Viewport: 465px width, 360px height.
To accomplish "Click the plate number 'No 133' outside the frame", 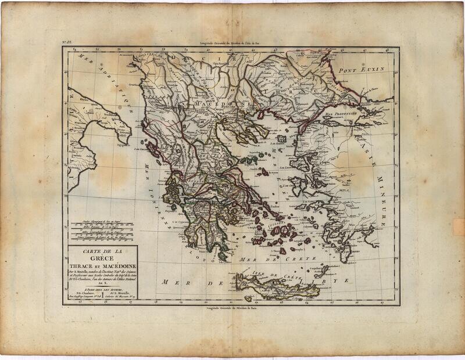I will [68, 42].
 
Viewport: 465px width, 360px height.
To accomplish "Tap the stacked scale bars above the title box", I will [102, 231].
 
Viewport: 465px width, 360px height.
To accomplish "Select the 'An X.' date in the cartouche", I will [102, 280].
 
